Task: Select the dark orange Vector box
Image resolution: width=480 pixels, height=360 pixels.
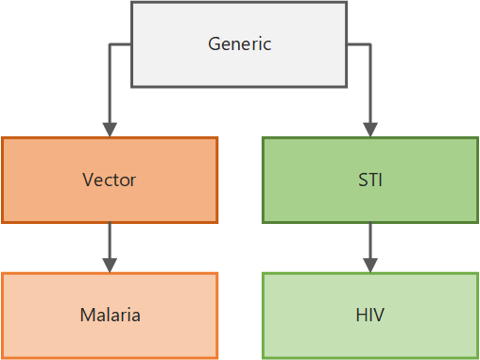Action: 110,180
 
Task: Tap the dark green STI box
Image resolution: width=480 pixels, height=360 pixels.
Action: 369,180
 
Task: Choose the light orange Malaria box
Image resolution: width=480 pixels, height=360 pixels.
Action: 110,316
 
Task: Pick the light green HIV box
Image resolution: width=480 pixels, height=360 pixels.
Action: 369,316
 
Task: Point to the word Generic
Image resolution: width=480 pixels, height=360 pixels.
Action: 239,43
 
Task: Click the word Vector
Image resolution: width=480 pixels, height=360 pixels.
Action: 110,180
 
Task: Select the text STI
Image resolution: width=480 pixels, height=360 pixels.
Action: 369,180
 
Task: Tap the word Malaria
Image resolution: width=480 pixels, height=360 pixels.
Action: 110,316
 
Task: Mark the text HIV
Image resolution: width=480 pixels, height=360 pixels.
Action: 369,316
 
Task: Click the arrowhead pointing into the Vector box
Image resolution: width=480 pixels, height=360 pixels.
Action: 110,129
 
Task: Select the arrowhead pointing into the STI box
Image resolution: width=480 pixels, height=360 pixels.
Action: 369,129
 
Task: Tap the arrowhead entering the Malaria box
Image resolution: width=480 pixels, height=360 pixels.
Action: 110,265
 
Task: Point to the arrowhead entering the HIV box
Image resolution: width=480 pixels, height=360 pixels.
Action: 369,265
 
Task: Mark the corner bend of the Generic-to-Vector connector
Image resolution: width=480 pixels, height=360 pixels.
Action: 110,43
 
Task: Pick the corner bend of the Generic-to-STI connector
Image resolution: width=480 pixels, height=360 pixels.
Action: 369,43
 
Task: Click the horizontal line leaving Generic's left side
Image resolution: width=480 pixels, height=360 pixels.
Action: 120,43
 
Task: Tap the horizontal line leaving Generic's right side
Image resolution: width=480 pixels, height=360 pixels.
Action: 358,43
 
